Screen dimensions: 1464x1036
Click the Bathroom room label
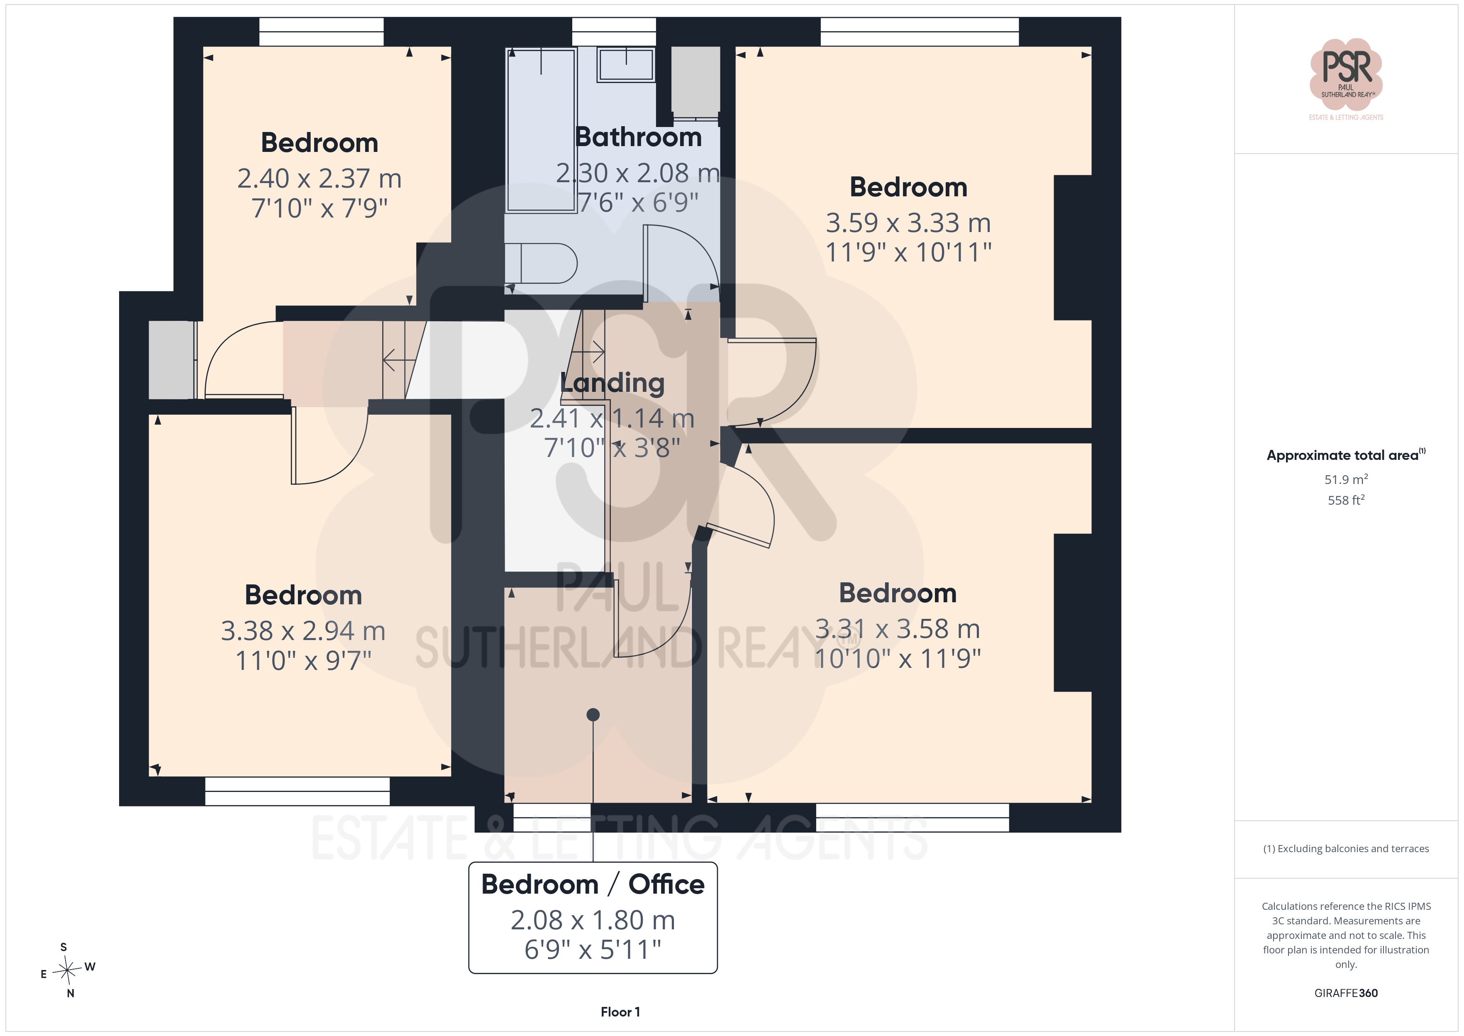tap(638, 137)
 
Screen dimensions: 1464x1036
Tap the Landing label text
tap(612, 383)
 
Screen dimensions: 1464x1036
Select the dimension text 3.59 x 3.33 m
tap(908, 222)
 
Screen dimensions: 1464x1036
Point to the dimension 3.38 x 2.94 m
tap(303, 631)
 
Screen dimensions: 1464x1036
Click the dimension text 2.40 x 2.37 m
tap(320, 178)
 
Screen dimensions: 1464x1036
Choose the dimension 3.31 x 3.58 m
tap(898, 629)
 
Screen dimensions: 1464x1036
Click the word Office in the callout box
tap(666, 884)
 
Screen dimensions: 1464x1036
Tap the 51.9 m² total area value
tap(1346, 479)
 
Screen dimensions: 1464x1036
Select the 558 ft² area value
tap(1346, 500)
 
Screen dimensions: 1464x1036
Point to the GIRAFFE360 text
tap(1346, 993)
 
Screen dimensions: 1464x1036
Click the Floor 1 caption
tap(620, 1012)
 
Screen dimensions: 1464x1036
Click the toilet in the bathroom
tap(541, 263)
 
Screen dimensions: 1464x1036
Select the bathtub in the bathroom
tap(541, 130)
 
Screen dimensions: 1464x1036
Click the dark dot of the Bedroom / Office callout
tap(593, 714)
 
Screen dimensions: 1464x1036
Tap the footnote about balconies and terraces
tap(1346, 848)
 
